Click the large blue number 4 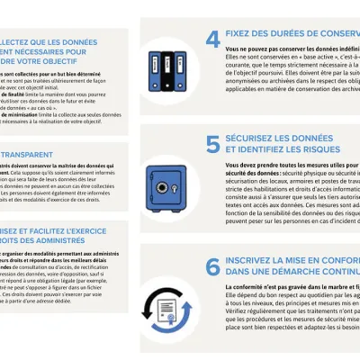(x=213, y=39)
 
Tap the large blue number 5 (x=212, y=143)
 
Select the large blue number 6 (x=213, y=266)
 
